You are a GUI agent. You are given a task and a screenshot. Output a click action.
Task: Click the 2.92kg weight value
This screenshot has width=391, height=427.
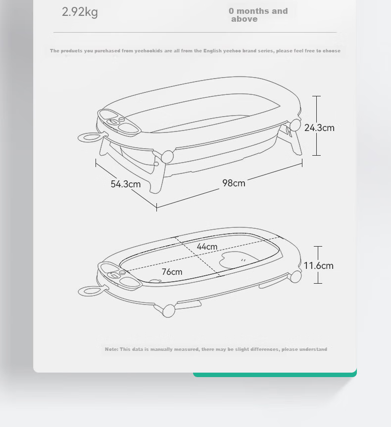click(80, 12)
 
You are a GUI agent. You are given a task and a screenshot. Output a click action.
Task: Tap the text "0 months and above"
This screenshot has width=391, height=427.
click(258, 15)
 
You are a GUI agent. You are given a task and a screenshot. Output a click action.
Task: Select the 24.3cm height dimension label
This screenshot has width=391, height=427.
click(319, 128)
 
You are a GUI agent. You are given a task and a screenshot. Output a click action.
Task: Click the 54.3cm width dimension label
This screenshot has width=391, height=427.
click(126, 184)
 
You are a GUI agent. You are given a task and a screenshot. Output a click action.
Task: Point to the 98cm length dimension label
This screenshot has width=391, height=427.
click(234, 183)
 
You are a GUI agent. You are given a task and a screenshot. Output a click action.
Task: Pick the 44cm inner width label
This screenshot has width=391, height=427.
click(207, 247)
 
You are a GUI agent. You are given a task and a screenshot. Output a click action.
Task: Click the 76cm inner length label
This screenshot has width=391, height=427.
click(172, 272)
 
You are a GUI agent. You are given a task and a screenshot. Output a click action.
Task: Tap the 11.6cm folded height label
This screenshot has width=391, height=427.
click(318, 266)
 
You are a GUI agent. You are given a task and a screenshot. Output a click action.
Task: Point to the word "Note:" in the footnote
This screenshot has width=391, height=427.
click(112, 349)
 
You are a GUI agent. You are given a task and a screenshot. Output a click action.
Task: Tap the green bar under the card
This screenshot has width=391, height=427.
click(275, 374)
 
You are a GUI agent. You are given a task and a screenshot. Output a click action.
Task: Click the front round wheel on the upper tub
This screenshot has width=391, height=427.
click(167, 157)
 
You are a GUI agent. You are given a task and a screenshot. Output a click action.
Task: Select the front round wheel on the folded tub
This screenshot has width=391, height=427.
click(169, 311)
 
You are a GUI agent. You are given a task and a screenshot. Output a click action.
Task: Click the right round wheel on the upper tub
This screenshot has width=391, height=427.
click(295, 125)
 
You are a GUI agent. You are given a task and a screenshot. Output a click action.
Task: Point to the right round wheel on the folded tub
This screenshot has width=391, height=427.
click(295, 277)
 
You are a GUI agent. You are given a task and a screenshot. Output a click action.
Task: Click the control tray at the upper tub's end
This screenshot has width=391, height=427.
click(119, 122)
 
